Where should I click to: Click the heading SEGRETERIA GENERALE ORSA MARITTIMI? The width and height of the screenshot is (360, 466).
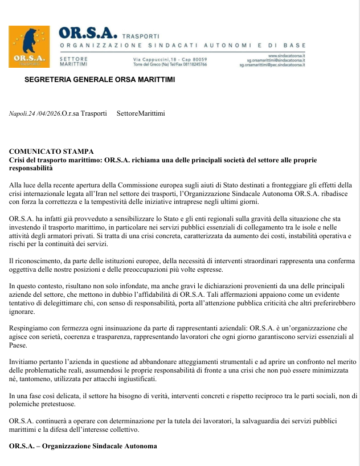click(100, 79)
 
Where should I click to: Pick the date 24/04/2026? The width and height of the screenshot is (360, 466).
click(44, 114)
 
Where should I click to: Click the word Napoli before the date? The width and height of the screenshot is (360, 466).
click(18, 114)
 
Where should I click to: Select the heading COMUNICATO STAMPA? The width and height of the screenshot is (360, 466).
click(51, 152)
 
